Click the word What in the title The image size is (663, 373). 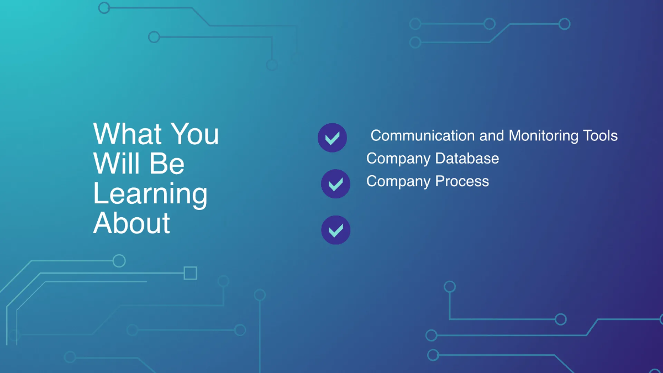(128, 134)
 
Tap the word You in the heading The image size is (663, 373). (194, 134)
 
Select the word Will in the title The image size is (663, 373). (114, 164)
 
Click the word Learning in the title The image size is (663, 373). (150, 195)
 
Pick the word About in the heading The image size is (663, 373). (131, 224)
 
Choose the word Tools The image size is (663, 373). (600, 135)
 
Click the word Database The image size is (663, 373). (467, 159)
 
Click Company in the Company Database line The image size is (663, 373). (398, 159)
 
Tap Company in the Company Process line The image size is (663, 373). (398, 181)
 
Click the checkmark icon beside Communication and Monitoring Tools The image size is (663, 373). (332, 138)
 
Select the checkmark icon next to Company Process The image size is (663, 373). (335, 184)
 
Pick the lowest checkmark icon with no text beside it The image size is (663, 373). (335, 230)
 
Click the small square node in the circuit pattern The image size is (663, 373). (190, 273)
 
